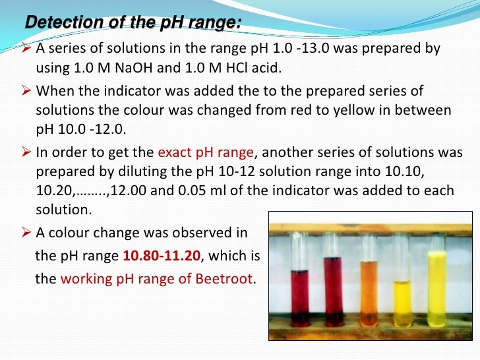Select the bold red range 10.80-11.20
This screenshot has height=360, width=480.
(x=167, y=256)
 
